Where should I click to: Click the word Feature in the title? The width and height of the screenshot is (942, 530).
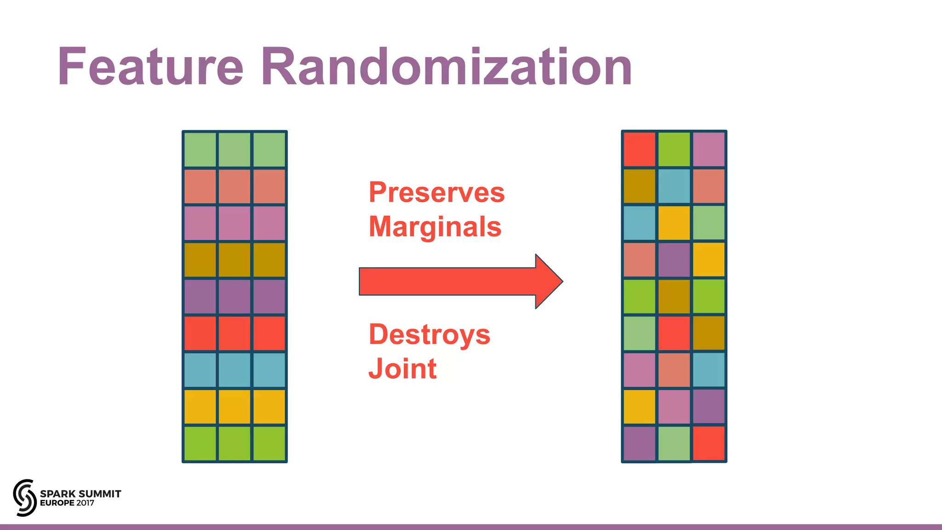click(x=150, y=67)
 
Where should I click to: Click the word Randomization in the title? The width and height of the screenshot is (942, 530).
click(x=446, y=67)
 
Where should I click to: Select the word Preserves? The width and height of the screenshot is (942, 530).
click(x=437, y=192)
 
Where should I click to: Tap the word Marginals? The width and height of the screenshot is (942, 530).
click(x=435, y=227)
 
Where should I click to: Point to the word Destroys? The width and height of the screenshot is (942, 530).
click(x=429, y=334)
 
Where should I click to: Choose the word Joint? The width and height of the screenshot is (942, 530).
click(x=402, y=369)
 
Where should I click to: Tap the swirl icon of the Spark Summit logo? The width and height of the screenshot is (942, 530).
click(x=24, y=497)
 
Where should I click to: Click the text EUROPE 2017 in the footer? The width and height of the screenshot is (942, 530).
click(x=67, y=503)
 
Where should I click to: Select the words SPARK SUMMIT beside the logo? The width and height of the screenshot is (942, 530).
click(x=80, y=494)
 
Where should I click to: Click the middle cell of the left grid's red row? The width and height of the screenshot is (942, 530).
click(x=235, y=333)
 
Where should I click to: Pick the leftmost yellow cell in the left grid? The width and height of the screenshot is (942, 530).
click(x=200, y=407)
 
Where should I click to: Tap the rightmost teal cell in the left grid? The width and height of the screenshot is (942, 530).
click(x=269, y=370)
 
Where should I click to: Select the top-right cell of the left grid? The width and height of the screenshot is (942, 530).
click(x=269, y=150)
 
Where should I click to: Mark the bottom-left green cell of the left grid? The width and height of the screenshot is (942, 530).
click(x=200, y=444)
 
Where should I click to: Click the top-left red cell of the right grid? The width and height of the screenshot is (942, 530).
click(x=639, y=150)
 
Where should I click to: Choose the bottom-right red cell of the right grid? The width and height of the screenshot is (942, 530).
click(x=709, y=444)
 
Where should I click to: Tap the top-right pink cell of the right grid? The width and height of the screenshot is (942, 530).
click(x=709, y=150)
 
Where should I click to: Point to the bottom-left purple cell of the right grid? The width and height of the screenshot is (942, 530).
click(x=639, y=444)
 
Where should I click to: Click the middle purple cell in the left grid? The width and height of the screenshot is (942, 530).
click(x=235, y=296)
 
